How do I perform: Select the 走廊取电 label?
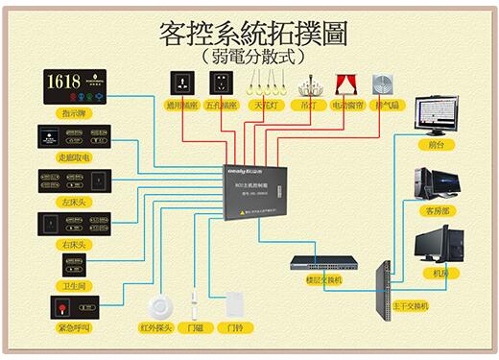74,156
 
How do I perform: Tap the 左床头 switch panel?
74,180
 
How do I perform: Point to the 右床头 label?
74,245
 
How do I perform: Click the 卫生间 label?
75,285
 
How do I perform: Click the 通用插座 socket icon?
178,83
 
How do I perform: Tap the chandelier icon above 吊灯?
308,83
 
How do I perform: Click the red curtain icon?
345,84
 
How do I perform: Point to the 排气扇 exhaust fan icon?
384,83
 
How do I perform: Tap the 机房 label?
440,274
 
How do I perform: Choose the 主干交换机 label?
411,306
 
